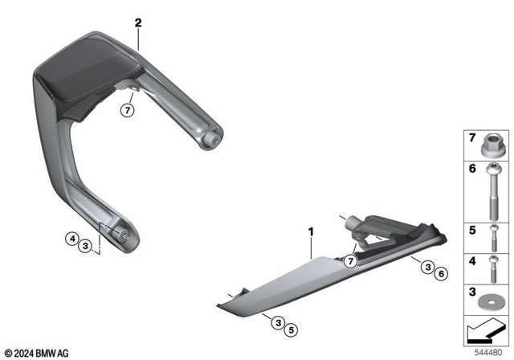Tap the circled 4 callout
(x=71, y=238)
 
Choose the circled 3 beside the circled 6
(x=428, y=267)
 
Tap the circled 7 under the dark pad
(x=125, y=110)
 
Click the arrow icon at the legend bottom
(x=486, y=330)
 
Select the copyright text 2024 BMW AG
(x=36, y=351)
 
